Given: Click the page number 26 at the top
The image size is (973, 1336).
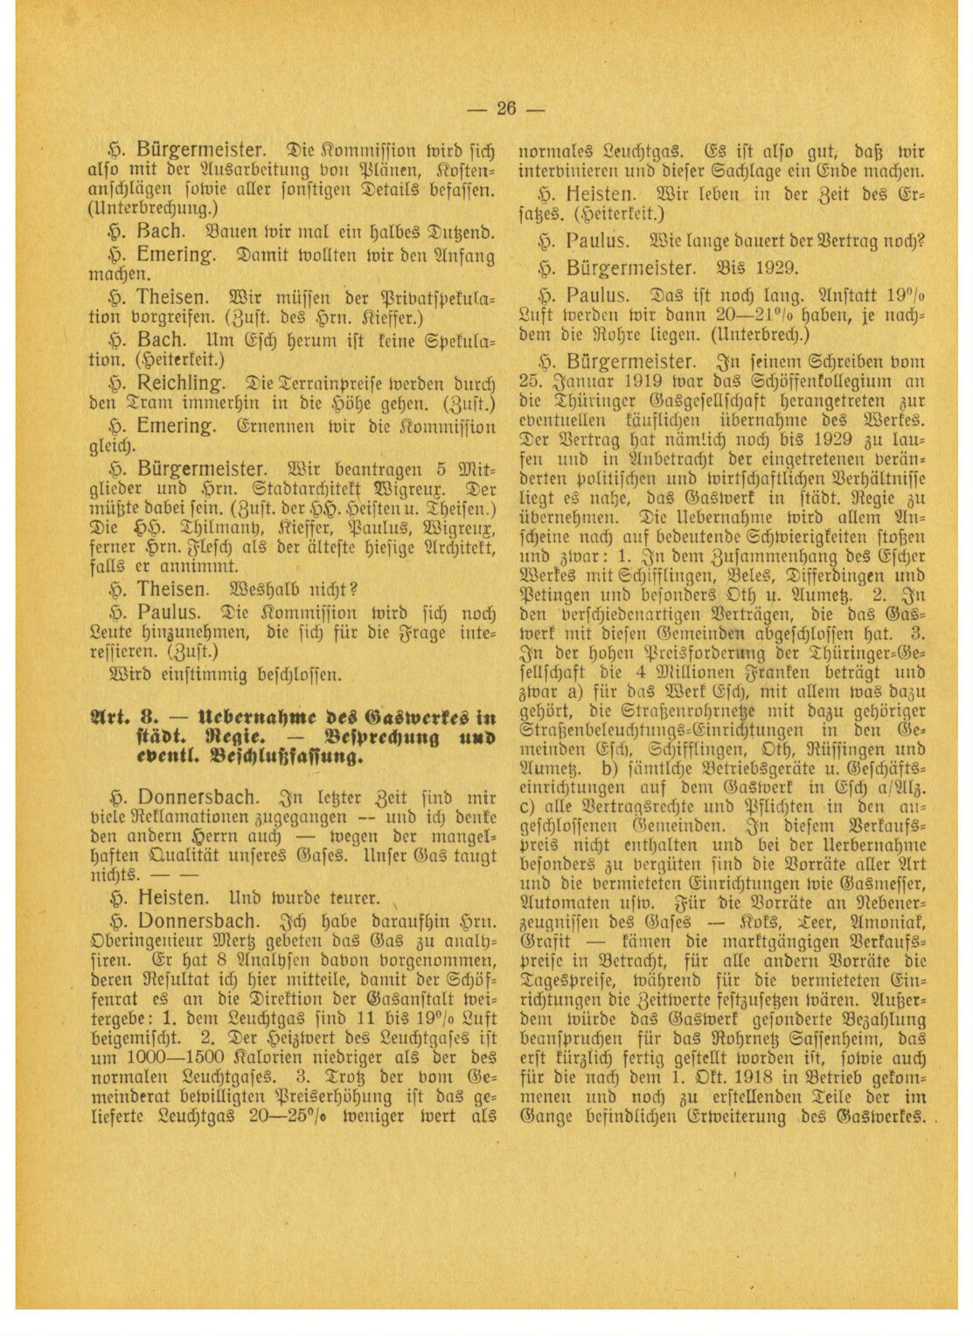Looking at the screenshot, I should (x=506, y=108).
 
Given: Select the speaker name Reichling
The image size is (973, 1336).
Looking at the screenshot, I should (x=176, y=383).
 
